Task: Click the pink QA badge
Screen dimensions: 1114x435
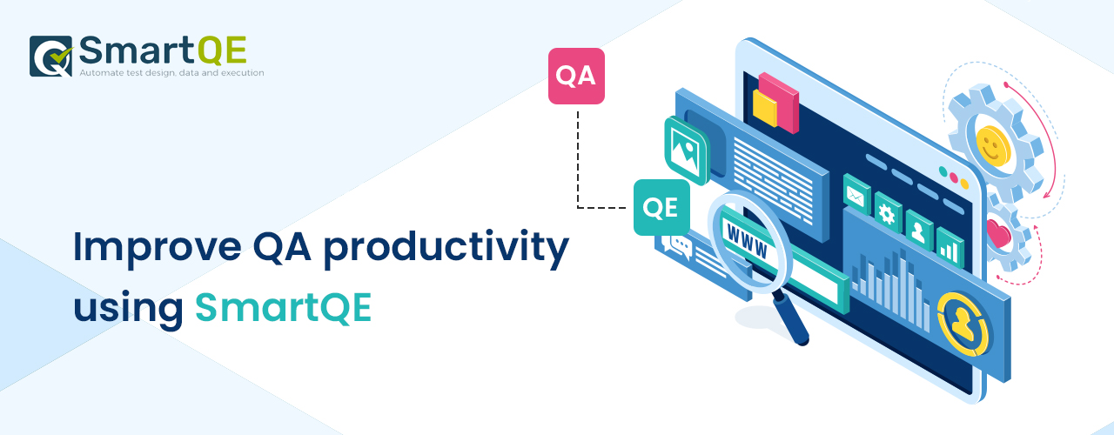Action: [576, 76]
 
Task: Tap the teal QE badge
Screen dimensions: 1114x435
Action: [661, 207]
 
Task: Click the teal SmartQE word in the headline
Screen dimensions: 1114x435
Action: [284, 308]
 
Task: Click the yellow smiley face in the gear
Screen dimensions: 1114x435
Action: [993, 145]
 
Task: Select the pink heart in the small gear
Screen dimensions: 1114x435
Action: [998, 234]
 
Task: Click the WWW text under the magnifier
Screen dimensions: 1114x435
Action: [747, 241]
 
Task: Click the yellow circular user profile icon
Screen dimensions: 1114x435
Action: [963, 324]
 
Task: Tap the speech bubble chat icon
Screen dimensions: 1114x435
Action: [680, 246]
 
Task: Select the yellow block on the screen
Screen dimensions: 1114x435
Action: [765, 108]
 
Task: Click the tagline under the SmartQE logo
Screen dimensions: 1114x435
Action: [171, 72]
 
